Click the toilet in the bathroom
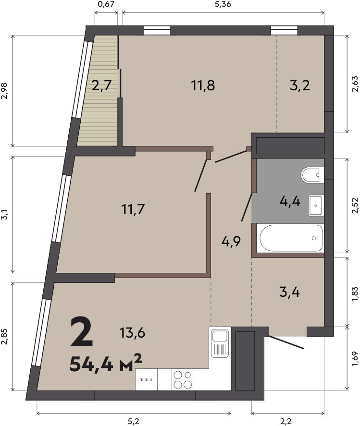coord(312,175)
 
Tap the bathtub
coord(291,238)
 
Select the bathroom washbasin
coord(316,205)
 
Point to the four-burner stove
coord(183,379)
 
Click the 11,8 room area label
coord(203,85)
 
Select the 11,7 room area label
coord(133,209)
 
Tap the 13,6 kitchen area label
coord(132,332)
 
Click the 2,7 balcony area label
coord(102,86)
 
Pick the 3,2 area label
coord(300,86)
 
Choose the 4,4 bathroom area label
coord(290,201)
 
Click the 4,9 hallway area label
coord(231,241)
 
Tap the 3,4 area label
coord(289,292)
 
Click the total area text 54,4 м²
coord(106,363)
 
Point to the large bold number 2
coord(82,332)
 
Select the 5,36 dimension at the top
coord(223,4)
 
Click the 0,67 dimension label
coord(106,4)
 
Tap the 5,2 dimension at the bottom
coord(133,422)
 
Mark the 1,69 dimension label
coord(355,359)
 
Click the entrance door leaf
coord(286,342)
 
